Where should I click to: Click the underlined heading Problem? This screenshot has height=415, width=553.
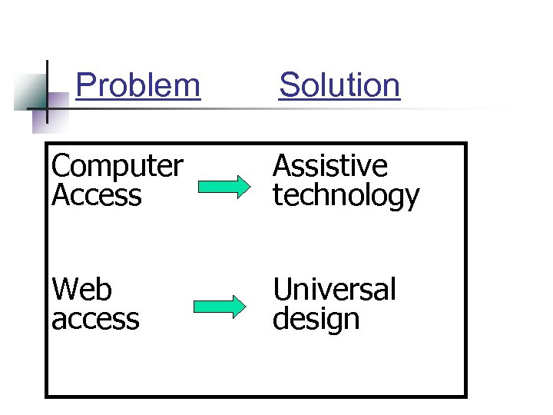138,85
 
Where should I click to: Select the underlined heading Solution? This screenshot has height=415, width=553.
339,85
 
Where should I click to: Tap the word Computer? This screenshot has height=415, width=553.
118,166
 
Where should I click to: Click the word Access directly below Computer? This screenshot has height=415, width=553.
97,195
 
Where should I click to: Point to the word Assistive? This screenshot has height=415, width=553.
330,166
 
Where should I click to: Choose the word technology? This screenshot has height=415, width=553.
346,197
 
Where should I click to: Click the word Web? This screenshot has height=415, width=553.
81,290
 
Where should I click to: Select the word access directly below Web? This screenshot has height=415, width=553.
95,319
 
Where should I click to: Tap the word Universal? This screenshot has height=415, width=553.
334,290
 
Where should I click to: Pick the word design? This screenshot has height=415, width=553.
316,319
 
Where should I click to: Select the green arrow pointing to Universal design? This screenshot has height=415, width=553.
220,307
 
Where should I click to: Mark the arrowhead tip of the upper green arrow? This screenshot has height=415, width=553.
250,186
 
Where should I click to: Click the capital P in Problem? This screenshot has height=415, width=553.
86,85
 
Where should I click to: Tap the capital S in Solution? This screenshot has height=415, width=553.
289,85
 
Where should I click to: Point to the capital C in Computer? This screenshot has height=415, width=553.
61,166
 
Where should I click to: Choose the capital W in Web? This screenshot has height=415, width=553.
65,290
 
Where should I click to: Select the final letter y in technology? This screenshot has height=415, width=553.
412,198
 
